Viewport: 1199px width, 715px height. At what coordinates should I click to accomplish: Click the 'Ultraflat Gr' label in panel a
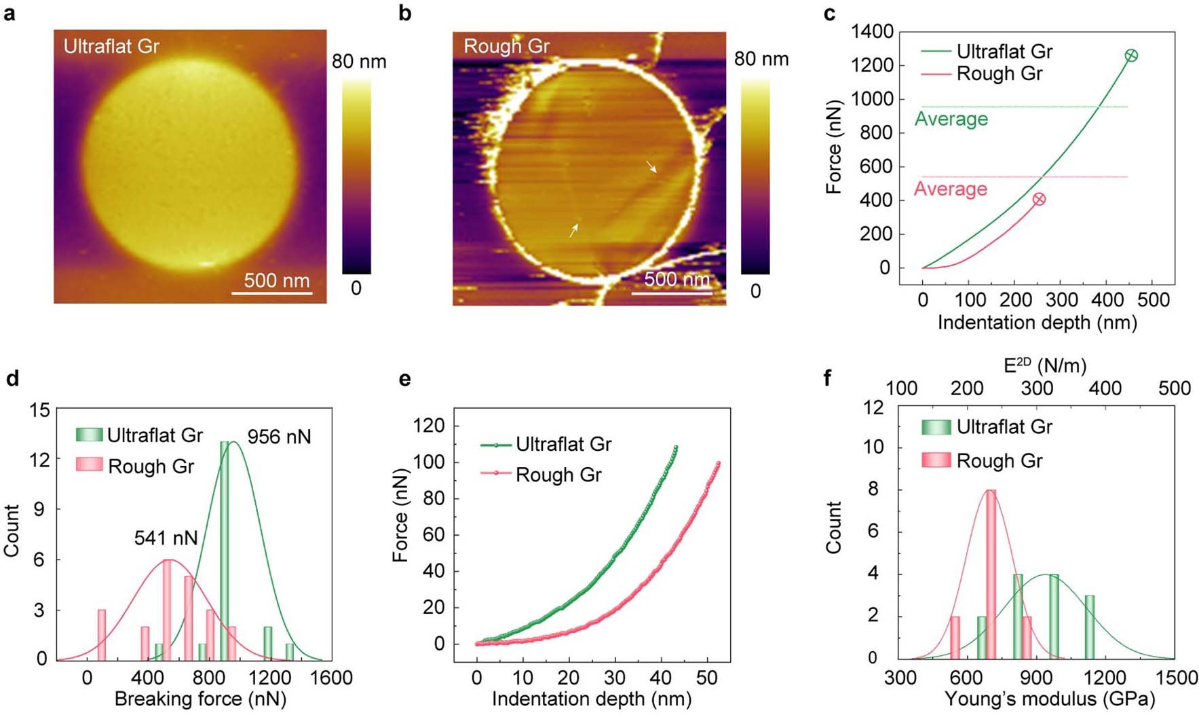tap(111, 46)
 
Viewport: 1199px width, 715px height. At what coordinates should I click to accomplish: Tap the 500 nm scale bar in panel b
tap(672, 293)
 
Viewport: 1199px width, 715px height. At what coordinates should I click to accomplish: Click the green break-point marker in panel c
tap(1130, 56)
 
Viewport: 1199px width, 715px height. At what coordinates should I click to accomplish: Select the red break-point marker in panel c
tap(1039, 199)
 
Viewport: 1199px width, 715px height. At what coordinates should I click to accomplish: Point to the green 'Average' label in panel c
tap(951, 119)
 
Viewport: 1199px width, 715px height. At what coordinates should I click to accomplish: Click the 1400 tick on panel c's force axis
tap(872, 31)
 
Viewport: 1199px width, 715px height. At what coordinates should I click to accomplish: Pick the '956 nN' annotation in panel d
tap(279, 437)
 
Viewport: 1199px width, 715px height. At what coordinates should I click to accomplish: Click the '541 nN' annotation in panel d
tap(166, 538)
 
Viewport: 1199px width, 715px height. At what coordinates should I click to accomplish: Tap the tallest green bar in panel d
tap(224, 550)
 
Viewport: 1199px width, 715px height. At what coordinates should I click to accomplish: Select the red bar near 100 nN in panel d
tap(102, 634)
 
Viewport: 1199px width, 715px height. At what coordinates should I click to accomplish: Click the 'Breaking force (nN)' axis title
tap(200, 699)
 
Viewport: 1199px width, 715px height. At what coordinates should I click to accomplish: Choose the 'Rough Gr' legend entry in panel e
tap(558, 475)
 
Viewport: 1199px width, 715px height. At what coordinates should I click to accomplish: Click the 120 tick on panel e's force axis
tap(429, 426)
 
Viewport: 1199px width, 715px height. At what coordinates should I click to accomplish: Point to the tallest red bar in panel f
tap(991, 574)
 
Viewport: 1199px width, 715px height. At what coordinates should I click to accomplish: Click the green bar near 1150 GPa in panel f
tap(1089, 627)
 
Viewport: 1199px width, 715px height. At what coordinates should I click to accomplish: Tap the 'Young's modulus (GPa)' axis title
tap(1049, 699)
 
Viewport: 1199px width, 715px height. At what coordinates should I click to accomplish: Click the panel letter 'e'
tap(405, 379)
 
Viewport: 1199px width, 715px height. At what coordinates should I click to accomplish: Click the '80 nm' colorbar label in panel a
tap(359, 62)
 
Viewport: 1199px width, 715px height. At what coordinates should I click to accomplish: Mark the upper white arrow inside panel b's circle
tap(651, 167)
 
